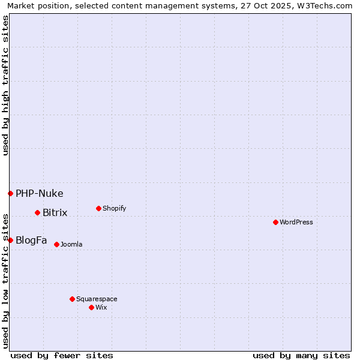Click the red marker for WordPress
(275, 222)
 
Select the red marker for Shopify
(98, 209)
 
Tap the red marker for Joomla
(56, 244)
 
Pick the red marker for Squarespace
(72, 299)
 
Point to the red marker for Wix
(91, 307)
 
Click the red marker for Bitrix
(37, 213)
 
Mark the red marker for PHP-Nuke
(10, 193)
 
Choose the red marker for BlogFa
(10, 240)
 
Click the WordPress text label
(296, 222)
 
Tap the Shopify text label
(114, 209)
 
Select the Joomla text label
(71, 244)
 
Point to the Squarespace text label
(97, 299)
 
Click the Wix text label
(101, 307)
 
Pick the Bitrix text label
(55, 213)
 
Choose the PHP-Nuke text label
(39, 193)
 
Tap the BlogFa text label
(31, 240)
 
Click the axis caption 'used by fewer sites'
(62, 355)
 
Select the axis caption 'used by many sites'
(301, 355)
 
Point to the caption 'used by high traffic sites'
(5, 85)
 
